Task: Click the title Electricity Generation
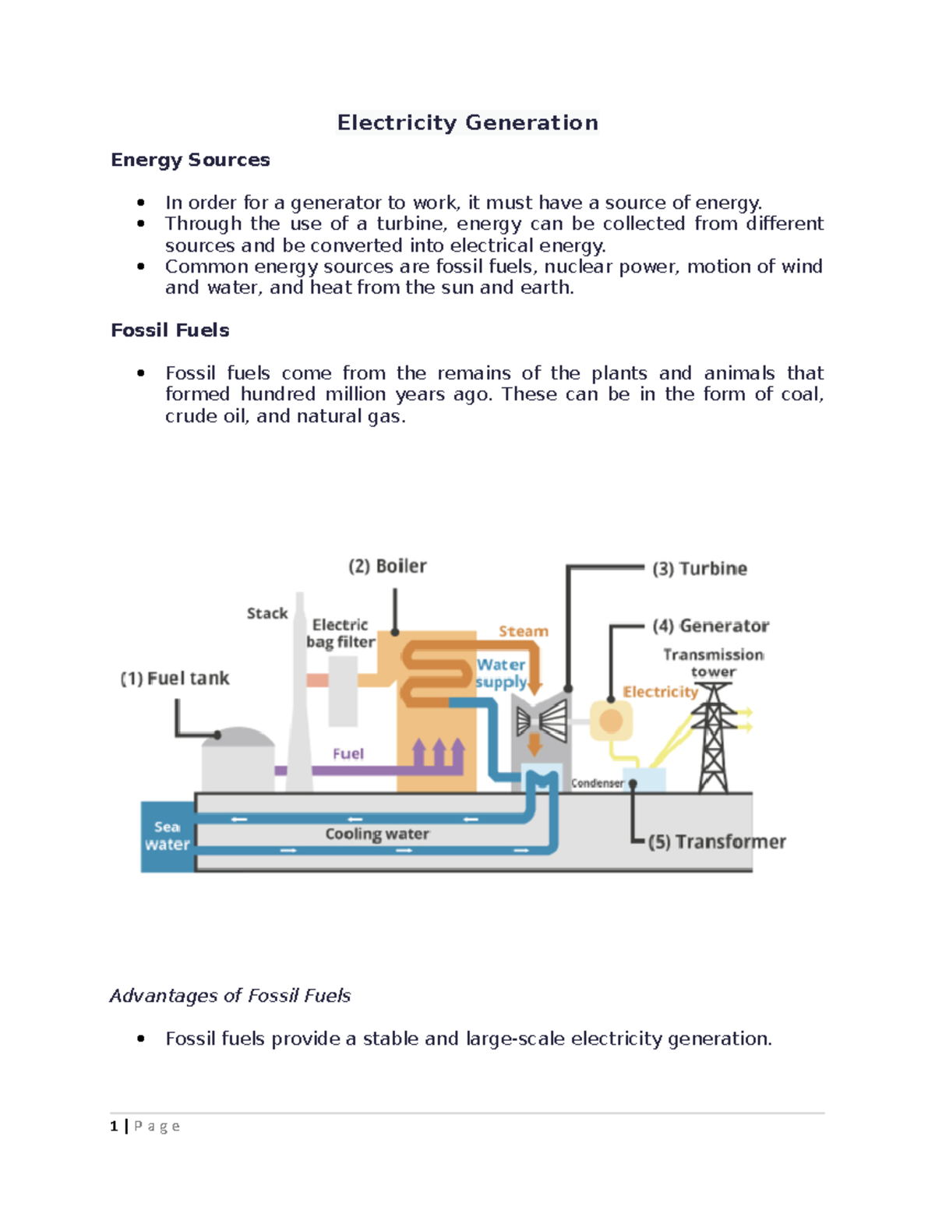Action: (x=467, y=123)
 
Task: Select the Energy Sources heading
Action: (x=190, y=160)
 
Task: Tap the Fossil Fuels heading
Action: (x=170, y=330)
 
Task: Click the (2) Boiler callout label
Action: (x=387, y=566)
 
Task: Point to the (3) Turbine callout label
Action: (x=700, y=569)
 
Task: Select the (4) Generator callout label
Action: (x=711, y=626)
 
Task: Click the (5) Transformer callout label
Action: (x=717, y=842)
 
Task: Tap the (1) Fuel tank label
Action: (x=175, y=679)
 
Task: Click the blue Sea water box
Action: (x=167, y=836)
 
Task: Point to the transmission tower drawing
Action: (x=714, y=736)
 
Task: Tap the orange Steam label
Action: (x=524, y=631)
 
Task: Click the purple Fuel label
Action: (x=348, y=753)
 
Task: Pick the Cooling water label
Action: (x=377, y=834)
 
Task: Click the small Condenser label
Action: (x=597, y=783)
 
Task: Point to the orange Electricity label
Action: (x=660, y=692)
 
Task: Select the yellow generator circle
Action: (x=611, y=721)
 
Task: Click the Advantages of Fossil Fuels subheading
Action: (x=230, y=996)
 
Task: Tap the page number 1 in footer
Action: (x=115, y=1126)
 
